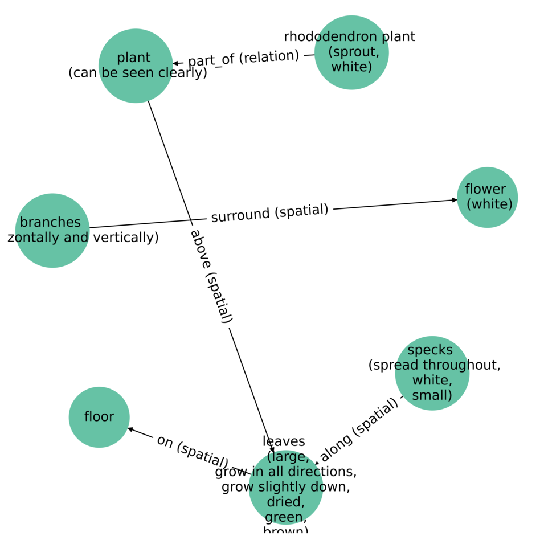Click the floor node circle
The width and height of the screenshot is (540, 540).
[x=99, y=417]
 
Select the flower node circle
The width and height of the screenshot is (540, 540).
[x=487, y=197]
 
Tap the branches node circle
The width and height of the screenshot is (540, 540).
[x=52, y=230]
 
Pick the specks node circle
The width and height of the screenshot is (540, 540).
[x=432, y=373]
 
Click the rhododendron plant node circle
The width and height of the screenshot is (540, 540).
[x=351, y=52]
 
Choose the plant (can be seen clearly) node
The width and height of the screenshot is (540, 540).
[x=136, y=66]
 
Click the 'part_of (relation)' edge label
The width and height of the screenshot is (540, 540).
[x=244, y=58]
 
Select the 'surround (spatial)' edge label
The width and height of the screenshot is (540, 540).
[x=269, y=213]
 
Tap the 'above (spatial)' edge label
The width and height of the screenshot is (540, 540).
[x=211, y=276]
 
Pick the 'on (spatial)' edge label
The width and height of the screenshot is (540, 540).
[x=193, y=452]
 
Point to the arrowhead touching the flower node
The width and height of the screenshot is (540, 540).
[x=455, y=200]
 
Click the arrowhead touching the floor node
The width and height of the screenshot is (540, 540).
[x=130, y=429]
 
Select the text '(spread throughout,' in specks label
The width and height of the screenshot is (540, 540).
[x=434, y=365]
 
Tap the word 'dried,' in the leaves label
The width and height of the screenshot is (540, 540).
[x=286, y=502]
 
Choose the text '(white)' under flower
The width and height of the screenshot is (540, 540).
[x=489, y=204]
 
